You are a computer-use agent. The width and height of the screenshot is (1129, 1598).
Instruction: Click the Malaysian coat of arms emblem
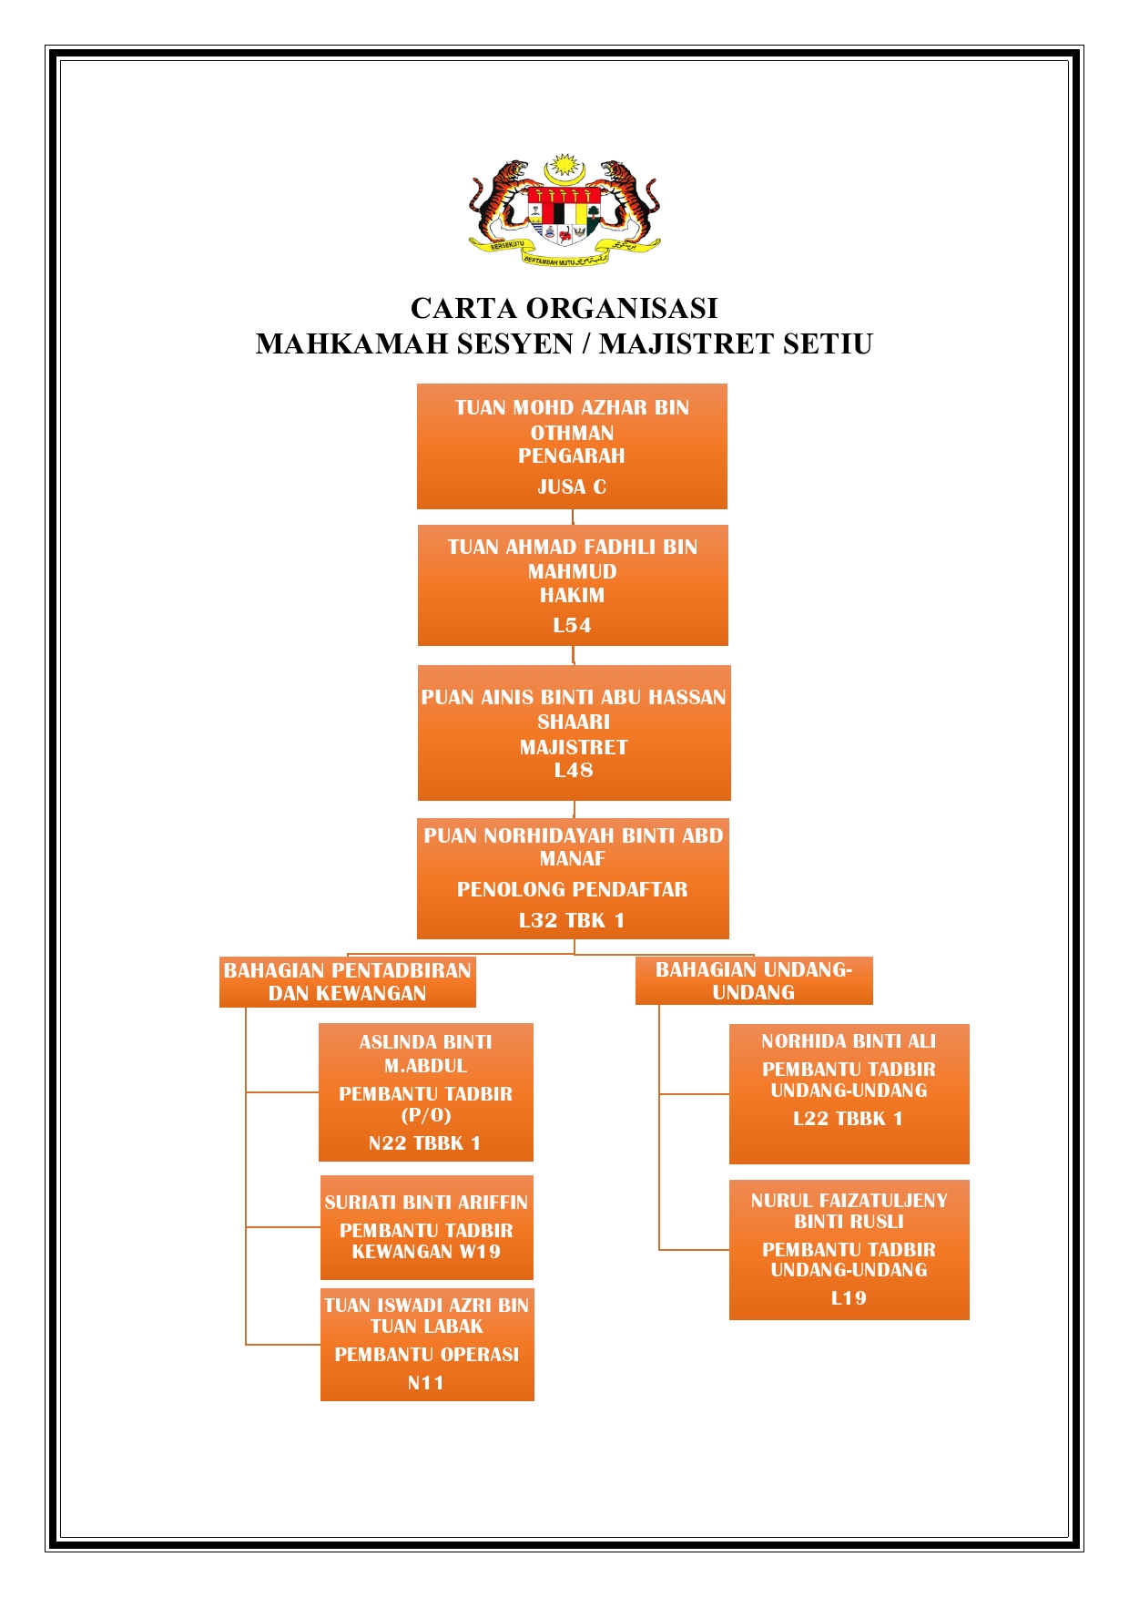[x=564, y=210]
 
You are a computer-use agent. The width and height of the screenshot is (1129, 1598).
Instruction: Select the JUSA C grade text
[x=572, y=487]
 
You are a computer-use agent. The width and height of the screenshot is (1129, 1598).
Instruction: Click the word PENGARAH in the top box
[x=572, y=456]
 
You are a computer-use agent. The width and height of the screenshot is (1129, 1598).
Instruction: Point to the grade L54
[x=572, y=625]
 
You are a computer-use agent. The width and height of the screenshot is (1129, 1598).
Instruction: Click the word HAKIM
[x=572, y=595]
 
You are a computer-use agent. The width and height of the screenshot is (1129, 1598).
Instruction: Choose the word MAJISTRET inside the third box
[x=574, y=747]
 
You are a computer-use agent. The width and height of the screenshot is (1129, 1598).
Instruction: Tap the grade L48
[x=574, y=770]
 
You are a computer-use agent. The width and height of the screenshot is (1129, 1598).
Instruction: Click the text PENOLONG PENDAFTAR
[x=572, y=889]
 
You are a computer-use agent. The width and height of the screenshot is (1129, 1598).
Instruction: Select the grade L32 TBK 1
[x=572, y=920]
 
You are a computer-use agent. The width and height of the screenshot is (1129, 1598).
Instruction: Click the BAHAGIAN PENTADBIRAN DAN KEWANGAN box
[x=348, y=981]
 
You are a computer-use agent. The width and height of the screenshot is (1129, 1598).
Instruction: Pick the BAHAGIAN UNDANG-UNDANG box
[x=754, y=980]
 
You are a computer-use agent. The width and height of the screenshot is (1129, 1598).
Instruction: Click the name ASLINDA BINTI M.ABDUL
[x=425, y=1053]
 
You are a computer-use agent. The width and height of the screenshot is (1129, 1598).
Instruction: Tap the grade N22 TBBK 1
[x=424, y=1143]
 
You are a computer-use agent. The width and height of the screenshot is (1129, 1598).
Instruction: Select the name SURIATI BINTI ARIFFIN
[x=426, y=1202]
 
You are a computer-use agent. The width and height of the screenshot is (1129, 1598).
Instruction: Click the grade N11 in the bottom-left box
[x=426, y=1383]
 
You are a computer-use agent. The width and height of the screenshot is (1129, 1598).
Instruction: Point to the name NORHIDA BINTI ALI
[x=849, y=1040]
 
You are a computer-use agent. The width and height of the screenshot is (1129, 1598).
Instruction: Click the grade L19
[x=849, y=1297]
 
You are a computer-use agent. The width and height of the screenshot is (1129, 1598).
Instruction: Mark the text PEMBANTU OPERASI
[x=426, y=1354]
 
